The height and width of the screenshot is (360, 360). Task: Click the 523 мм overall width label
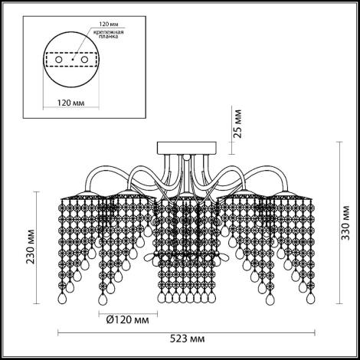(x=187, y=339)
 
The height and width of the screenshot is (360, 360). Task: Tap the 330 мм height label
(x=345, y=222)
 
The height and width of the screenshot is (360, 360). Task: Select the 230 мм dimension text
(x=31, y=247)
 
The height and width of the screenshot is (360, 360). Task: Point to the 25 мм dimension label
(x=237, y=123)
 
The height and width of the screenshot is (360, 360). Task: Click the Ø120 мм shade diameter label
(x=128, y=319)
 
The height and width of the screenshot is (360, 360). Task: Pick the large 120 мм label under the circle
(x=70, y=103)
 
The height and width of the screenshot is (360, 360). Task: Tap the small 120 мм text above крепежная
(x=109, y=25)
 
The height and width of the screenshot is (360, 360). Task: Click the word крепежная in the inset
(x=109, y=32)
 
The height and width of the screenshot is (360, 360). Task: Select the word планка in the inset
(x=109, y=37)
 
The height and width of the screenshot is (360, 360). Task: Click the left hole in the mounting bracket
(x=59, y=60)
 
